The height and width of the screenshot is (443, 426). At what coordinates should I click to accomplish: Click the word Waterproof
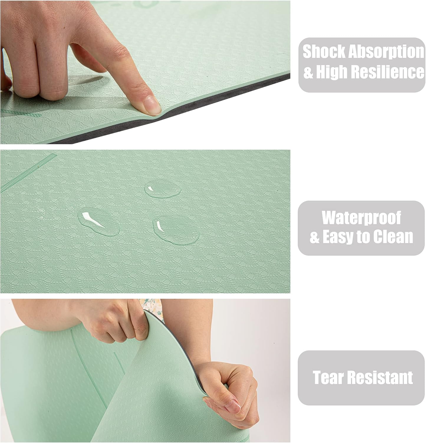click(x=361, y=218)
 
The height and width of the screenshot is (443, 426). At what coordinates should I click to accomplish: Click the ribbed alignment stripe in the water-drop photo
click(x=28, y=172)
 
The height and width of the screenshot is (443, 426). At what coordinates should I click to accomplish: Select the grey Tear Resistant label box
click(x=361, y=378)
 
